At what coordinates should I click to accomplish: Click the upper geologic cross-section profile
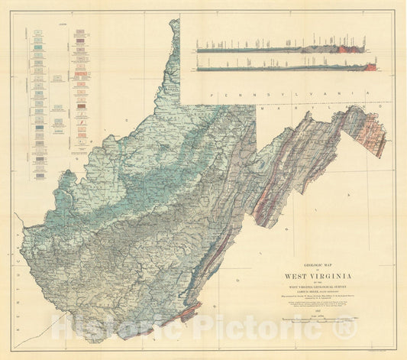pyautogui.click(x=283, y=49)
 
